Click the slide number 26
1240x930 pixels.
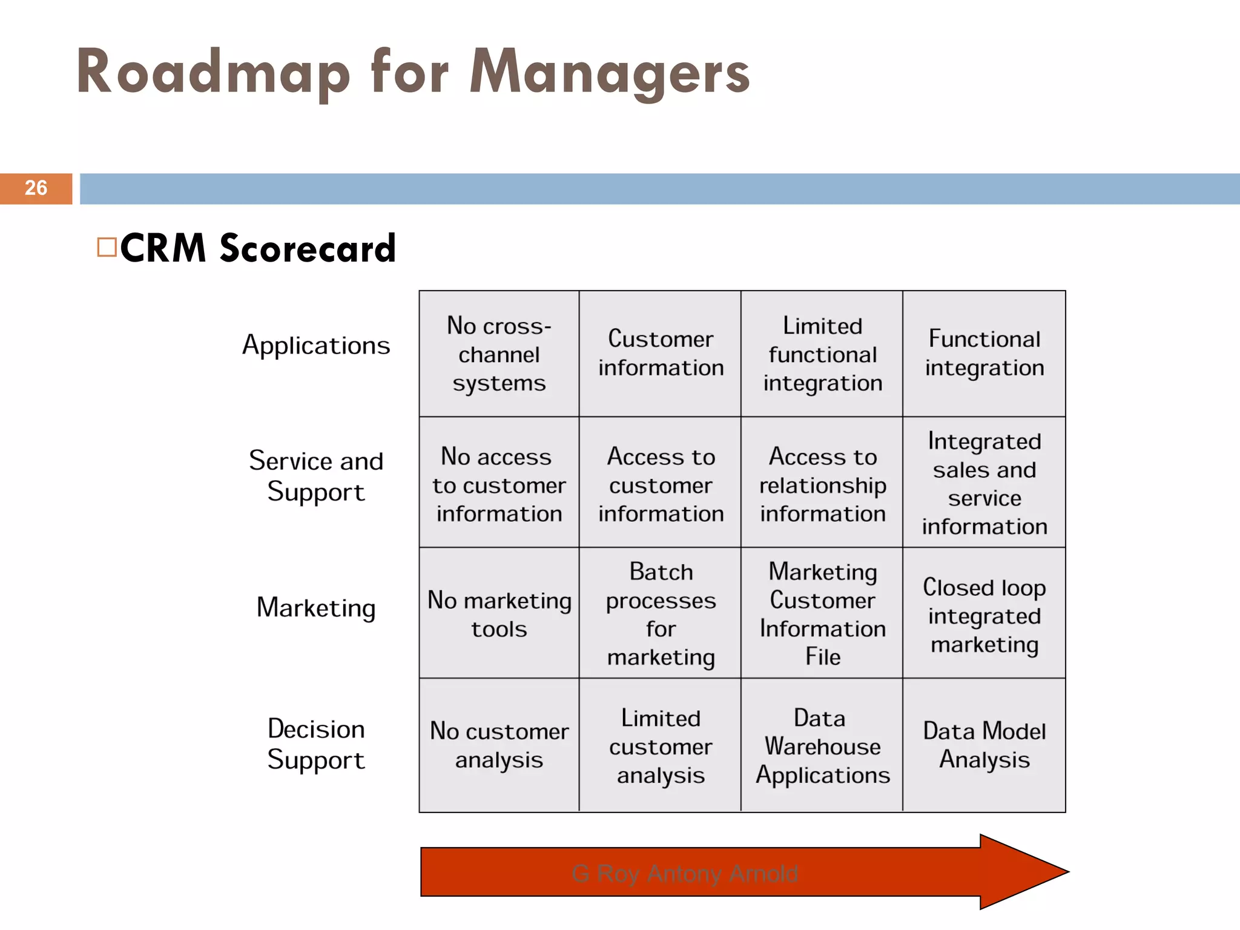tap(36, 188)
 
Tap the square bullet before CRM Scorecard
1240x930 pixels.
tap(107, 247)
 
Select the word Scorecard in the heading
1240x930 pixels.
tap(308, 248)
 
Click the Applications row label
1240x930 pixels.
tap(316, 346)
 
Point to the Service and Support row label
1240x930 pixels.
tap(316, 476)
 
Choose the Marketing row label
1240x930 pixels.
tap(316, 607)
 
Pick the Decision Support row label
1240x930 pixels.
tap(316, 744)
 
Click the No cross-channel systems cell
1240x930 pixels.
tap(499, 354)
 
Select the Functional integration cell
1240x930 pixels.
tap(984, 354)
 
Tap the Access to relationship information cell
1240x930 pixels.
tap(822, 484)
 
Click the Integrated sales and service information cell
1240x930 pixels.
tap(984, 483)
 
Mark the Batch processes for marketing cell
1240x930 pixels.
tap(661, 614)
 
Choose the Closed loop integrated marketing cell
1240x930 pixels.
tap(984, 615)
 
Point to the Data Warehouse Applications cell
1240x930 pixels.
tap(822, 746)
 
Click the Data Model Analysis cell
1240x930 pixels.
tap(984, 745)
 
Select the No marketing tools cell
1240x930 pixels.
tap(499, 614)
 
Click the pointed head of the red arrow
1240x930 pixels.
tap(1029, 872)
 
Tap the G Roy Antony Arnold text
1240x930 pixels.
tap(685, 873)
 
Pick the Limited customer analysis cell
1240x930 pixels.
tap(661, 746)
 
